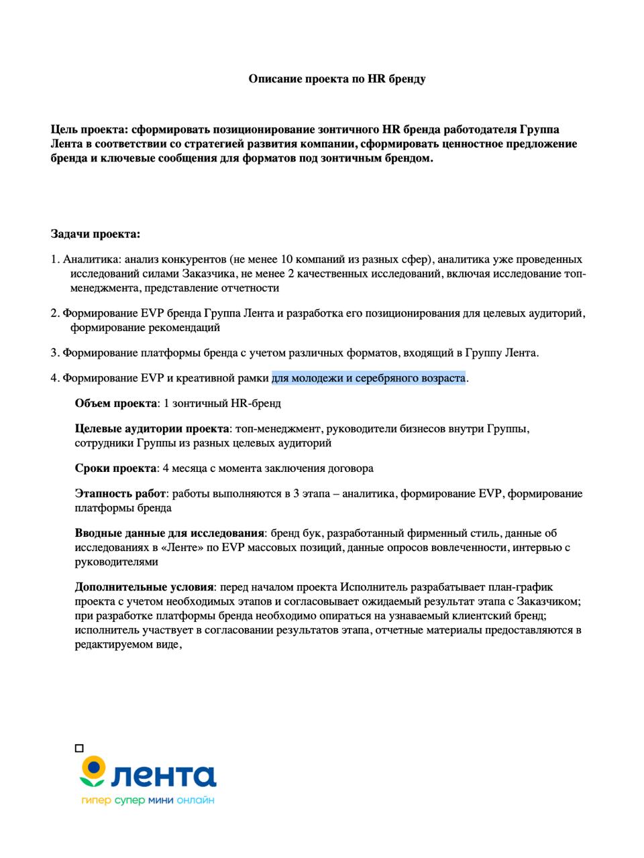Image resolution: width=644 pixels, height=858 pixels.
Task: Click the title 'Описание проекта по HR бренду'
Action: click(x=337, y=79)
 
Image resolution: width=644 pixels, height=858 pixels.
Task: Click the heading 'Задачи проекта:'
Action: click(x=95, y=234)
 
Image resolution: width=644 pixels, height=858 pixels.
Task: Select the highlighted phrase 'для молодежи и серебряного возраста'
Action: click(x=368, y=378)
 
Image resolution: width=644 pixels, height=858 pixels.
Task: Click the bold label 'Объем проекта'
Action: click(x=115, y=404)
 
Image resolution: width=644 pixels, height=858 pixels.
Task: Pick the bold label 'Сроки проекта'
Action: click(x=115, y=468)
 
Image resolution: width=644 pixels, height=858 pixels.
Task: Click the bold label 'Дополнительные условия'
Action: click(x=144, y=587)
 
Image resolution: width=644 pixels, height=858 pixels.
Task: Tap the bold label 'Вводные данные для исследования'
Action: click(x=169, y=534)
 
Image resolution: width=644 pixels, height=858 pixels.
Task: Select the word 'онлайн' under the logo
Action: click(x=197, y=801)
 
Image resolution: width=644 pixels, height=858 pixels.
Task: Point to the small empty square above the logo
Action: click(x=79, y=748)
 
